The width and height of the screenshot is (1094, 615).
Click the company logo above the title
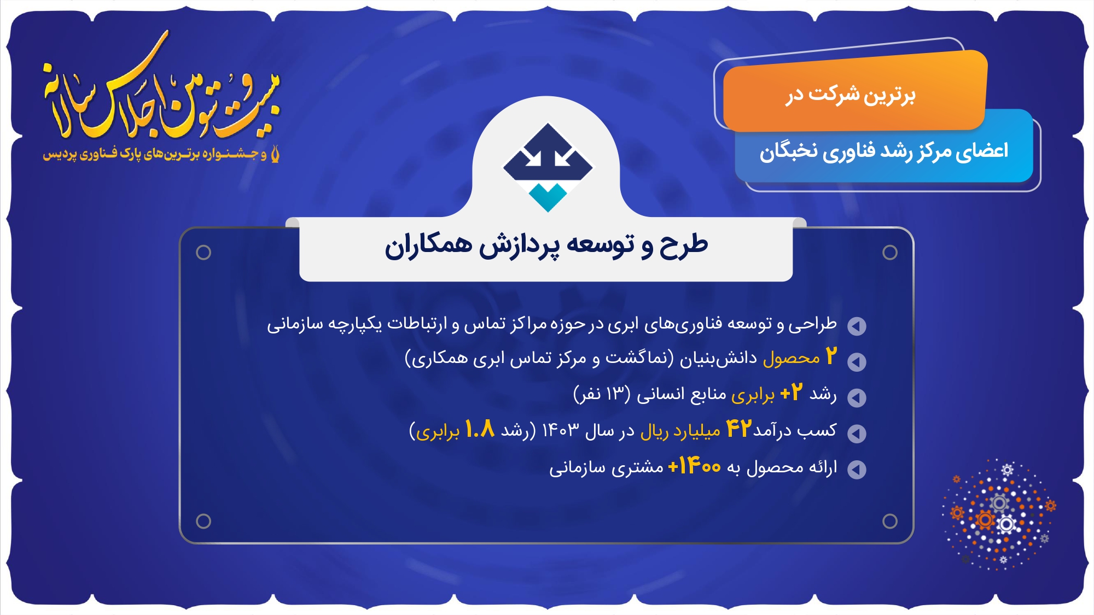[548, 167]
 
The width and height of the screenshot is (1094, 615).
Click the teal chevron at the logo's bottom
[548, 197]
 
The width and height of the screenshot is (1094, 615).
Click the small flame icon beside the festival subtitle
[275, 154]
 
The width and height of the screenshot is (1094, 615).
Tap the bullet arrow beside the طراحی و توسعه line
[857, 326]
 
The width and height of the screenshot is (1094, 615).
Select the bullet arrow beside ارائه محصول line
[857, 469]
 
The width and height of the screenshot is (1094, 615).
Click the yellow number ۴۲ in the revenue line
[739, 429]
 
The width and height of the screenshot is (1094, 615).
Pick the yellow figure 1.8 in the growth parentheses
[480, 429]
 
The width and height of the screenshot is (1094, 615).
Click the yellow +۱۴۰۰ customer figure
[695, 466]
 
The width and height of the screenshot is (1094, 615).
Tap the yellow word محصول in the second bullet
[792, 358]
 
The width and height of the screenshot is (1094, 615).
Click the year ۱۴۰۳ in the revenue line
[560, 430]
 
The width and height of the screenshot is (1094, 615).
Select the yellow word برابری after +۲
[753, 395]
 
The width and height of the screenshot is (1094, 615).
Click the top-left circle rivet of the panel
[203, 252]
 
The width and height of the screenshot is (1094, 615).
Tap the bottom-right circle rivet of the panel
[890, 521]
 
